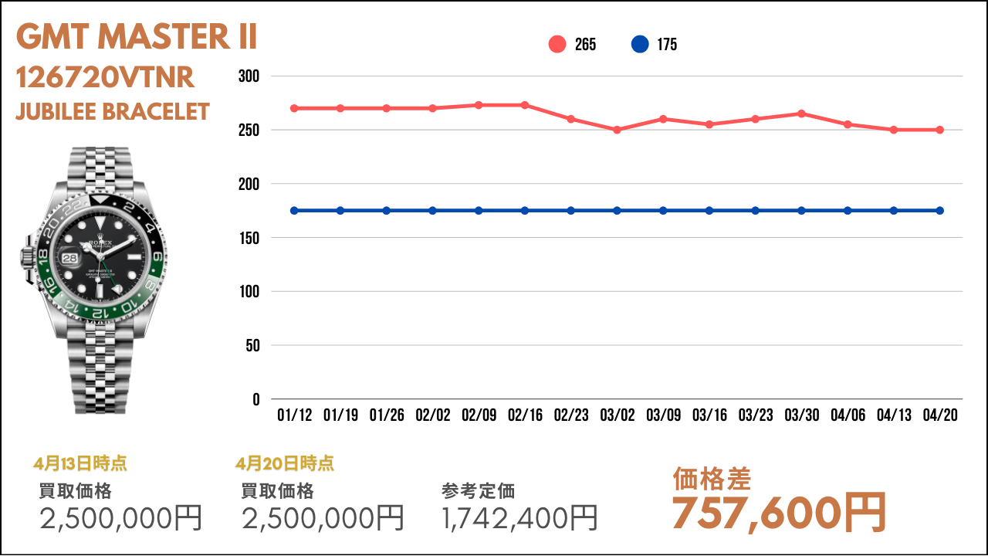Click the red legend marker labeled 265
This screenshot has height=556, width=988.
point(557,45)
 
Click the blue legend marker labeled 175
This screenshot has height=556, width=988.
point(640,45)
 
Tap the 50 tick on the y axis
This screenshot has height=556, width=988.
point(253,346)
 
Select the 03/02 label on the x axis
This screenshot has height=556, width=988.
point(617,415)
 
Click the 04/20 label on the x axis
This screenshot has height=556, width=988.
point(940,415)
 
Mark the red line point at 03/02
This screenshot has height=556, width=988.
point(617,130)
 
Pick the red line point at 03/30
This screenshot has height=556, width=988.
point(801,114)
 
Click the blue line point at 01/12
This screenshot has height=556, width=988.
point(294,211)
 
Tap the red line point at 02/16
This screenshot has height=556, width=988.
point(525,105)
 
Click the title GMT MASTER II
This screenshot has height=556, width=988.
point(137,37)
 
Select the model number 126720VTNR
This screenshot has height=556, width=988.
point(105,78)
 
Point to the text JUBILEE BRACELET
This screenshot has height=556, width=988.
point(113,112)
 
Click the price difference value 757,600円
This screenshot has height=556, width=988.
point(779,513)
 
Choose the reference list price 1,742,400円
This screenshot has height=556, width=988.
point(520,517)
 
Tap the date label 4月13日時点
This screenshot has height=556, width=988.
point(80,463)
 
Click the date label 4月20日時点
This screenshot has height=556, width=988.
point(285,463)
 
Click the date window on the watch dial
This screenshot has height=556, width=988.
point(70,259)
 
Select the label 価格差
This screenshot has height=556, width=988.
point(712,479)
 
